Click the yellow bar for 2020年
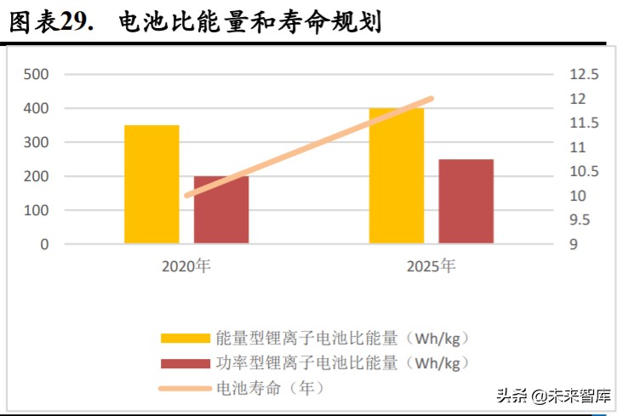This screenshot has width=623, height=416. coord(151,185)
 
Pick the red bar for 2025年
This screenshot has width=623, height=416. coord(466,202)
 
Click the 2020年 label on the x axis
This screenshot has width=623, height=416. coord(186,266)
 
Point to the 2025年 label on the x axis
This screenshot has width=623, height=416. coord(431,266)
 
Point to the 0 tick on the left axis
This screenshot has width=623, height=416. coord(44,244)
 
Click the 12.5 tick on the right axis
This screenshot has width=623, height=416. coord(584,75)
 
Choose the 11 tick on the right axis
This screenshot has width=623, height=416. coord(578,147)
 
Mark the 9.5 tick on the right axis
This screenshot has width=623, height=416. coord(581,220)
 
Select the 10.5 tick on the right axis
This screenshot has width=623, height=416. coord(584,172)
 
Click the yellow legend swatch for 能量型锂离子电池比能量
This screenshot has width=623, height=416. coord(184,338)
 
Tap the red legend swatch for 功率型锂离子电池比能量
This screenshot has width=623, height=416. coord(184,363)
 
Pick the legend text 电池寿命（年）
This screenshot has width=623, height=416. coord(269,389)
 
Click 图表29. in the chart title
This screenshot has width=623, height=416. coord(50,22)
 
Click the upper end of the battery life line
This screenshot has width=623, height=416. coord(431,100)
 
